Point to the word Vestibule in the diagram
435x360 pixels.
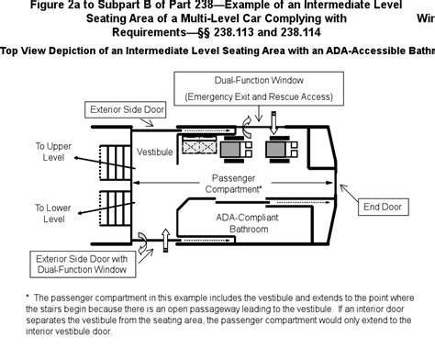(154, 151)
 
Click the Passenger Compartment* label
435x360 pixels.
(236, 183)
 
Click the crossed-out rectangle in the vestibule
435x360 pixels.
(201, 146)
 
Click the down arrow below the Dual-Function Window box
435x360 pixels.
(272, 118)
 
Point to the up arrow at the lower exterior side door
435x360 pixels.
(165, 241)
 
